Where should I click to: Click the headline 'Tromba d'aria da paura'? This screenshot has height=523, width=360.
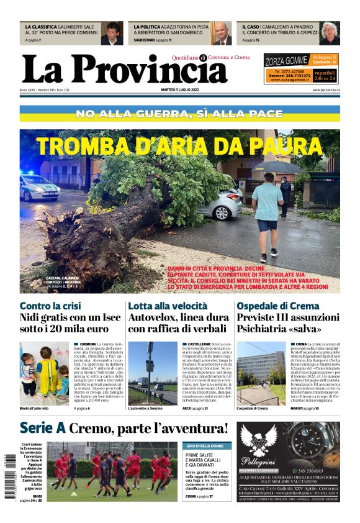pyautogui.click(x=179, y=147)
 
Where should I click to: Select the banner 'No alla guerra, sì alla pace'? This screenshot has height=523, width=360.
pyautogui.click(x=179, y=114)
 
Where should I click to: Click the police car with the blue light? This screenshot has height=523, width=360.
pyautogui.click(x=38, y=186)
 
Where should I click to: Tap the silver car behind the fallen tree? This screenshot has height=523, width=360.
pyautogui.click(x=220, y=204)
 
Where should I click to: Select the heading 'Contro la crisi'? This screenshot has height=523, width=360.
pyautogui.click(x=50, y=306)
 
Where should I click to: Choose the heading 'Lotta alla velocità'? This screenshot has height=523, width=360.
pyautogui.click(x=168, y=306)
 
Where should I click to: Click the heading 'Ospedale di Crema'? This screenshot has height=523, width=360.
pyautogui.click(x=279, y=306)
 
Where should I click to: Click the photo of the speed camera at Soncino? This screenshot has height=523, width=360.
pyautogui.click(x=153, y=373)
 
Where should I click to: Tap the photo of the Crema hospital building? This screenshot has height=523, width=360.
pyautogui.click(x=261, y=373)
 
